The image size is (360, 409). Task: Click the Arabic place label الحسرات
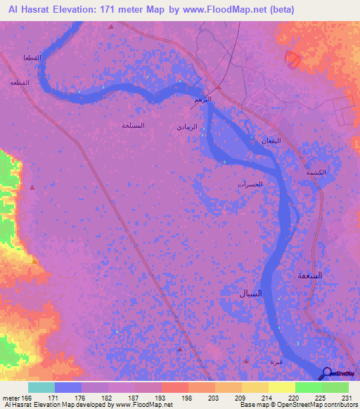250,184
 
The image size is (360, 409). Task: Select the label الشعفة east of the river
306,275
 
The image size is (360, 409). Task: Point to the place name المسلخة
133,126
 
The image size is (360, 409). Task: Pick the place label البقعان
271,140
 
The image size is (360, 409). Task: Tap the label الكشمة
316,172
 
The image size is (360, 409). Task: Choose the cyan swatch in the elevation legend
41,387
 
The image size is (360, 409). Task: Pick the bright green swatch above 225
307,387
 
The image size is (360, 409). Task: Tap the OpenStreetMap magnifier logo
326,374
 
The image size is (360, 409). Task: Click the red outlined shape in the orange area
292,60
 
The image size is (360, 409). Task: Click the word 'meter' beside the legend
10,397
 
